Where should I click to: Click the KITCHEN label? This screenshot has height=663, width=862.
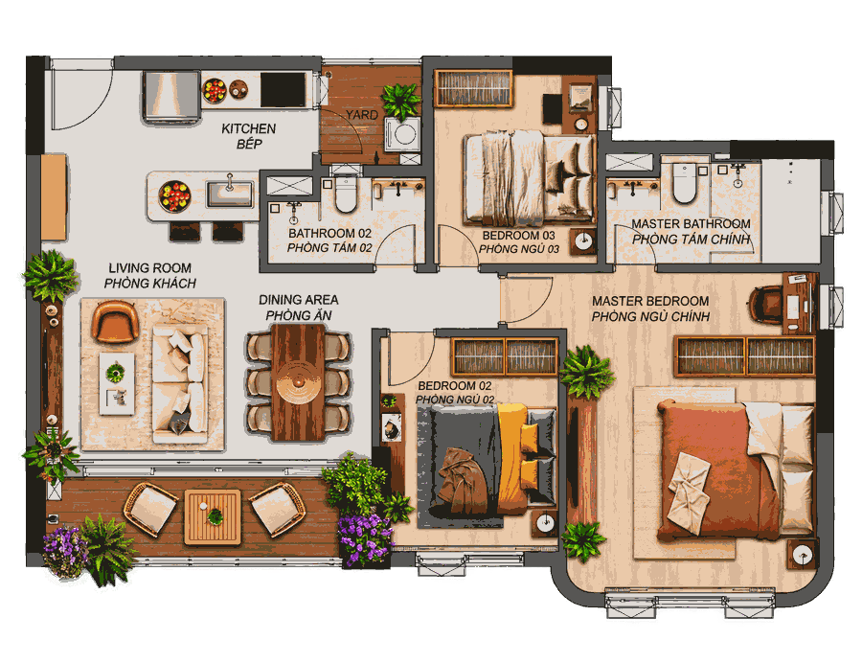pos(248,128)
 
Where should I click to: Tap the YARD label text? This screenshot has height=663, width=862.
pos(361,115)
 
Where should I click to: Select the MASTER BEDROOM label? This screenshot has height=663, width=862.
pos(650,301)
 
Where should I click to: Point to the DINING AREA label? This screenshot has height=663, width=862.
pos(299,300)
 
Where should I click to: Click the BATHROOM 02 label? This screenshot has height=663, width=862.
pos(329,233)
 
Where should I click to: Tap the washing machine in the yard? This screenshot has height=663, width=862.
pos(402,133)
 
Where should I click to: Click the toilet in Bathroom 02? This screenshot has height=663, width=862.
pos(346,194)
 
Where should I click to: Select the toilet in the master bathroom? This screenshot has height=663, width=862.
pos(683,183)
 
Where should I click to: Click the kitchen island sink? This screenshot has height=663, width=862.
pos(229,194)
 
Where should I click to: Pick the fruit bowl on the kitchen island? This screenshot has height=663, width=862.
pos(174,196)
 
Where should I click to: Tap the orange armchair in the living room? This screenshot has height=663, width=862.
pos(115,322)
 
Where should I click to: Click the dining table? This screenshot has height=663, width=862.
pos(298,382)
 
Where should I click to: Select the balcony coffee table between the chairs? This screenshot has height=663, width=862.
pos(213,517)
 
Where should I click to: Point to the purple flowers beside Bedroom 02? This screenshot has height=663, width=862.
pos(364,538)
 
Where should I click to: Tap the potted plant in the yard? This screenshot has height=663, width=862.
pos(401,101)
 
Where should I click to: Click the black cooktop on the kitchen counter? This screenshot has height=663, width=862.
pos(284,90)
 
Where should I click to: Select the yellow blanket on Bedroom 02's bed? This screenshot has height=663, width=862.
pos(512,459)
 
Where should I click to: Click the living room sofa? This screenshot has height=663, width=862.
pos(180,383)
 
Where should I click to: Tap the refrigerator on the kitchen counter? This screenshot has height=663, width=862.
pos(171,96)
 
